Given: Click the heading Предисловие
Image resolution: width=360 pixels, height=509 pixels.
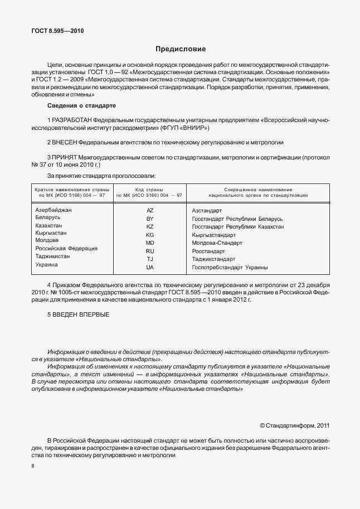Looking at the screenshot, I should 180,49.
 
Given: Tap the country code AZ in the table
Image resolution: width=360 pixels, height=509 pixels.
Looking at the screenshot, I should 150,211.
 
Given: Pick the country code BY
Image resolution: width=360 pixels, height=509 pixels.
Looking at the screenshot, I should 150,219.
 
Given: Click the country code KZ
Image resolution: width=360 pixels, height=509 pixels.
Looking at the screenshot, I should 150,227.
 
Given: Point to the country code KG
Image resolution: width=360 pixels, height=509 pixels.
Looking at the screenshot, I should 150,235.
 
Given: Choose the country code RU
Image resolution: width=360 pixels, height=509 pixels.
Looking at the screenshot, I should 150,251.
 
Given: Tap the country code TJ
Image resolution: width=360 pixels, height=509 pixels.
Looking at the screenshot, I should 150,259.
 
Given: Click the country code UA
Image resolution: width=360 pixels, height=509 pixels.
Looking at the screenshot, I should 150,268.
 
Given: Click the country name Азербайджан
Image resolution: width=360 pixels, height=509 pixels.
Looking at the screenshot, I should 54,210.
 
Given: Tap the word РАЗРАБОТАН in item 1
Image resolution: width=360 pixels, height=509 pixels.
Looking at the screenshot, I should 72,120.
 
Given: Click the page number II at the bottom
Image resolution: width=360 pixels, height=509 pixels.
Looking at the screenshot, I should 32,464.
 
